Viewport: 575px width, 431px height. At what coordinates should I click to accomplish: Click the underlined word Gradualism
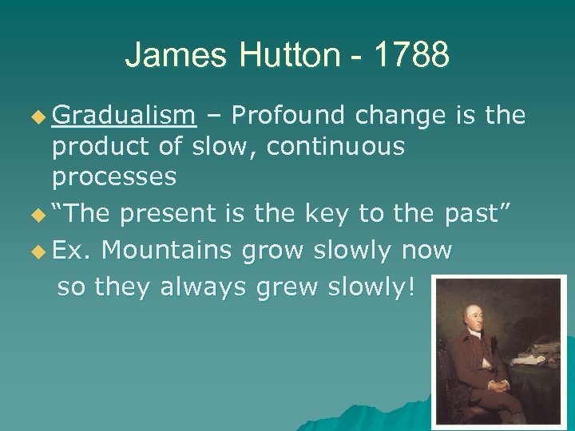coord(124,117)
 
